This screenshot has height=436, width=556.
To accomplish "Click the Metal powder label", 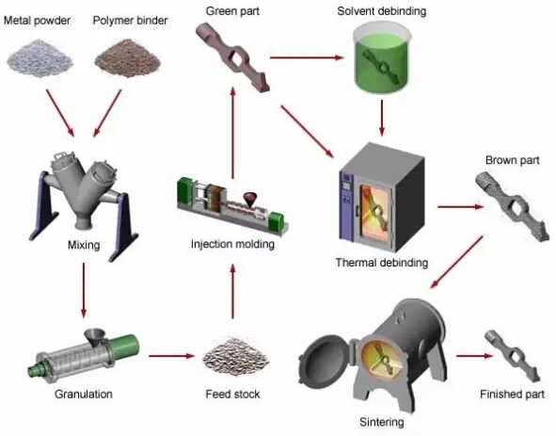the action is pyautogui.click(x=38, y=21).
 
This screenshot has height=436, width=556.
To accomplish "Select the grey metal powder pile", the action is pyautogui.click(x=40, y=58).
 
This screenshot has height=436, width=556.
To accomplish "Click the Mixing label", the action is pyautogui.click(x=84, y=245).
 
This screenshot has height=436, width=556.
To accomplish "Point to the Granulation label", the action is pyautogui.click(x=84, y=395).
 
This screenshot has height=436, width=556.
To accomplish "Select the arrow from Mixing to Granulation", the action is pyautogui.click(x=84, y=290).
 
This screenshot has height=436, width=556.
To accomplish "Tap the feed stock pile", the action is pyautogui.click(x=235, y=357).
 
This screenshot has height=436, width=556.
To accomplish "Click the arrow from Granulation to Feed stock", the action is pyautogui.click(x=172, y=355).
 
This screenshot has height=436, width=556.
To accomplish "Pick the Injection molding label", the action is pyautogui.click(x=232, y=244).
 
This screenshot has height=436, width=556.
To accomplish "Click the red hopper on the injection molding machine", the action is pyautogui.click(x=250, y=200).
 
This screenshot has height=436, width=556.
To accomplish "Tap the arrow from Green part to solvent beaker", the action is pyautogui.click(x=307, y=57).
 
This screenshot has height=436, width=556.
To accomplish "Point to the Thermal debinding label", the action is pyautogui.click(x=382, y=263).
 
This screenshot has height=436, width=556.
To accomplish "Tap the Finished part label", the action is pyautogui.click(x=512, y=395).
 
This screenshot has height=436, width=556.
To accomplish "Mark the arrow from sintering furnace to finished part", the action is pyautogui.click(x=474, y=355).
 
